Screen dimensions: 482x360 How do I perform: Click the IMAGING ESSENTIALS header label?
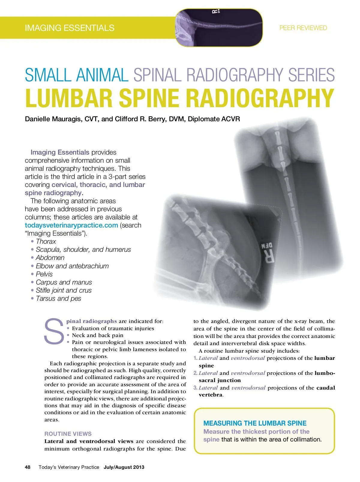70,28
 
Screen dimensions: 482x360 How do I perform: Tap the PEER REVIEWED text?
303,28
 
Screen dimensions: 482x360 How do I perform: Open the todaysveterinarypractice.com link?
71,225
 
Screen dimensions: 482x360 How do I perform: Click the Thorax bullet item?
46,241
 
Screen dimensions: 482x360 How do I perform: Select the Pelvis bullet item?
44,274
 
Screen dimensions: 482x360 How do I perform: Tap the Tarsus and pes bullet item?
58,298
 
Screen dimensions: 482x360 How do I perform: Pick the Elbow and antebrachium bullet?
72,266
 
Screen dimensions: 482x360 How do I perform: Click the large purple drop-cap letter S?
54,331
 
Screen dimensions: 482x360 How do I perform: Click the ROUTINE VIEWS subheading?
68,434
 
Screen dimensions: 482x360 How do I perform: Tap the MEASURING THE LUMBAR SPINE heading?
255,423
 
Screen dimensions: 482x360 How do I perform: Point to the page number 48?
28,467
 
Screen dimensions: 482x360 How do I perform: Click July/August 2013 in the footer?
124,467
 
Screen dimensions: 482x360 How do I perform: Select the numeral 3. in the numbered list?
195,388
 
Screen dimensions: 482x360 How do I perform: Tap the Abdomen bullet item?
50,258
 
